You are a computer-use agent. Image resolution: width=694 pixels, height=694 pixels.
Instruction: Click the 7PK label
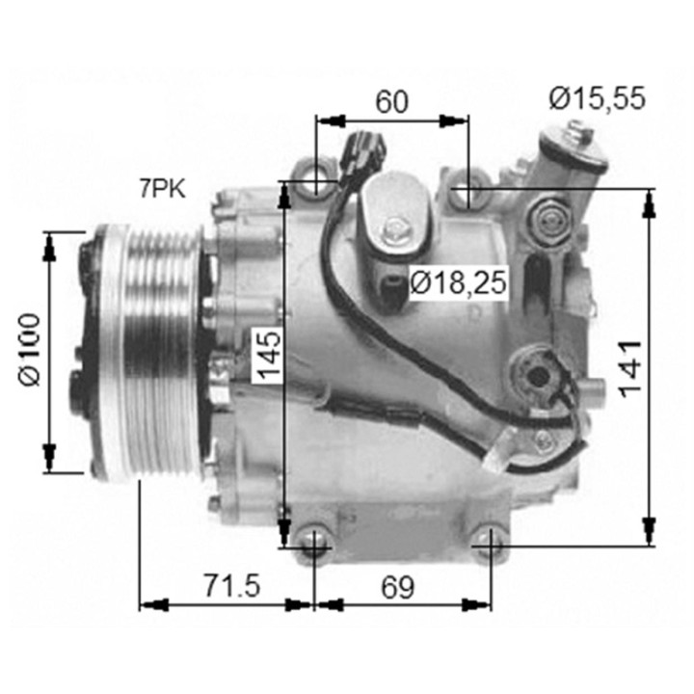pyautogui.click(x=163, y=188)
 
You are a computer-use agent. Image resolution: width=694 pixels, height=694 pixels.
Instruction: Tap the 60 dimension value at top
pyautogui.click(x=392, y=101)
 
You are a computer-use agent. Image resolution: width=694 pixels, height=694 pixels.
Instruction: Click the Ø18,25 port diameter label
pyautogui.click(x=458, y=283)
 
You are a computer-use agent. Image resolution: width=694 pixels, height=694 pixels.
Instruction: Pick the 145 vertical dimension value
pyautogui.click(x=267, y=354)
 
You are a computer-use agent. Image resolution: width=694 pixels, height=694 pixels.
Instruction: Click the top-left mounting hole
pyautogui.click(x=317, y=180)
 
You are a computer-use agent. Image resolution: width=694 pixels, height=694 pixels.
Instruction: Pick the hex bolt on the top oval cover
pyautogui.click(x=394, y=230)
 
